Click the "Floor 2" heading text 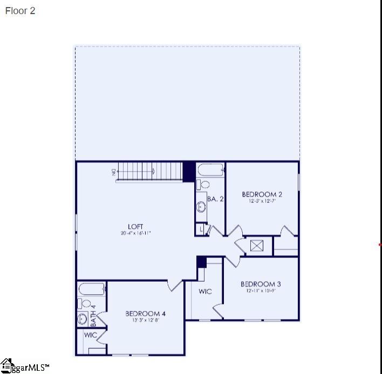[x=21, y=11]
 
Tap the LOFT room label [x=136, y=227]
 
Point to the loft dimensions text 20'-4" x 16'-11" [x=136, y=234]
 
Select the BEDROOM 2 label [x=262, y=194]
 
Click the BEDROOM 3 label [x=261, y=284]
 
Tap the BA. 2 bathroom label [x=215, y=199]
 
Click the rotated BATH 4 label [x=93, y=316]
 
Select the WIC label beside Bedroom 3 [x=205, y=291]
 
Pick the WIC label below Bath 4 [x=91, y=335]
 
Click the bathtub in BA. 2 [x=210, y=170]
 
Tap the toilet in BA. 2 [x=202, y=185]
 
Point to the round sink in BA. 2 [x=201, y=206]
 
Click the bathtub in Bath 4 [x=92, y=289]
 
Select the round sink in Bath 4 [x=83, y=318]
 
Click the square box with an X [x=257, y=246]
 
